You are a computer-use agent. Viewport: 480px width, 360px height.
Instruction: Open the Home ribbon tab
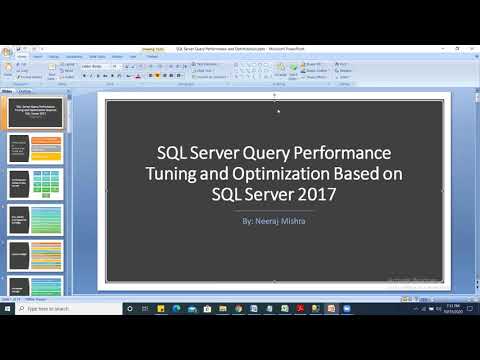[x=22, y=57]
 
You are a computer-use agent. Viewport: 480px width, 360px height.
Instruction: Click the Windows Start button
[x=7, y=309]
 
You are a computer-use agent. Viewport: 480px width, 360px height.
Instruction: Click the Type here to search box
[x=70, y=309]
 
